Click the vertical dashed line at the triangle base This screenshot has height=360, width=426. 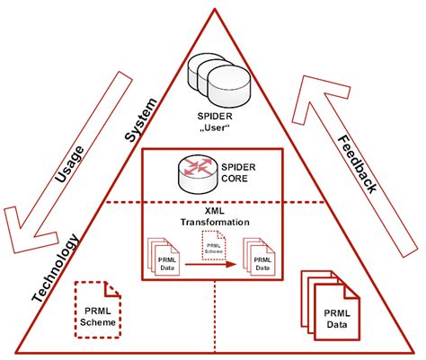point(214,319)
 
